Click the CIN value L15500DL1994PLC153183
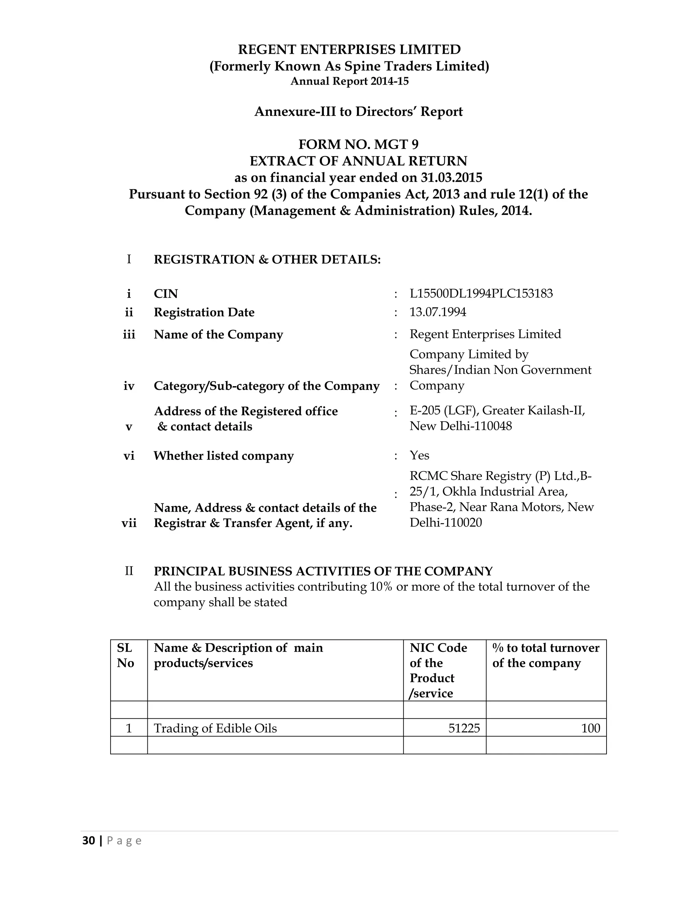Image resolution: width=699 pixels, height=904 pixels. [x=481, y=293]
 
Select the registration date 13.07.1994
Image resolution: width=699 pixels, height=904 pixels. [x=438, y=312]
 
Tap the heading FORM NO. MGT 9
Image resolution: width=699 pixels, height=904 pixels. [x=358, y=144]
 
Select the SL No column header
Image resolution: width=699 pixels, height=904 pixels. [x=125, y=655]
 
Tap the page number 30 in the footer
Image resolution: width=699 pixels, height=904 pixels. [x=88, y=841]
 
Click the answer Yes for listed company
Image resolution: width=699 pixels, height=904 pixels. [x=419, y=455]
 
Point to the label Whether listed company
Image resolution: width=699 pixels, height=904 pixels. [x=224, y=456]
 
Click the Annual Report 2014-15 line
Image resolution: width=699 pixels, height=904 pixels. [x=349, y=81]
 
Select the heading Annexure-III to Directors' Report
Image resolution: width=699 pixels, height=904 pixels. [x=358, y=112]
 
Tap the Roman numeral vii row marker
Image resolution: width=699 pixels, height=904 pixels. [x=129, y=523]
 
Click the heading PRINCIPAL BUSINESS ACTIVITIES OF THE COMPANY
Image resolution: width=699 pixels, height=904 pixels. [x=323, y=571]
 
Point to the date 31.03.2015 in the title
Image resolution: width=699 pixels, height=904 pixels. [x=451, y=178]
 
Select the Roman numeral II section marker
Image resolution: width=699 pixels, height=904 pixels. [x=129, y=571]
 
